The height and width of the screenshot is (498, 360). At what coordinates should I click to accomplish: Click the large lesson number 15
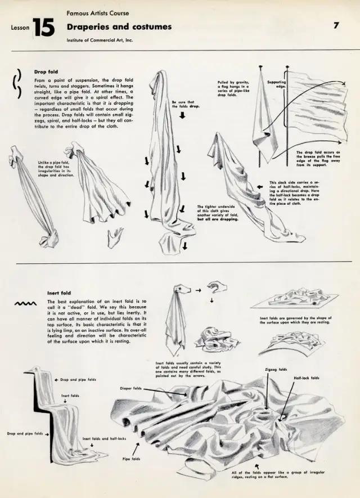tap(43, 27)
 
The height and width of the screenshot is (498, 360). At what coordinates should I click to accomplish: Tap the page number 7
tap(336, 25)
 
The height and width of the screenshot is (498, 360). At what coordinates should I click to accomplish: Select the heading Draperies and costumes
tap(119, 26)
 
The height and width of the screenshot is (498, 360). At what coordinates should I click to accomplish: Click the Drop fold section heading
tap(46, 72)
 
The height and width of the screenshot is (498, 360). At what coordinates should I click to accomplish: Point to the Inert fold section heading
tap(58, 293)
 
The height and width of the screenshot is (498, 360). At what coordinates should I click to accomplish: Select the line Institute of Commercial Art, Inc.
tap(100, 41)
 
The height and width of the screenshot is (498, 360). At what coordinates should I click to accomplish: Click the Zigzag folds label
tap(276, 370)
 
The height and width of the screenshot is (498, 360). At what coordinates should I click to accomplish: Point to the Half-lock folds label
tap(307, 378)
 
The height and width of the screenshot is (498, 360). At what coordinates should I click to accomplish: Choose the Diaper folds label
tap(130, 388)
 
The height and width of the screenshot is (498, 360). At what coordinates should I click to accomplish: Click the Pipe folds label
tap(130, 459)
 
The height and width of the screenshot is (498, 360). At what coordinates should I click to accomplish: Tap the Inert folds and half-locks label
tap(104, 438)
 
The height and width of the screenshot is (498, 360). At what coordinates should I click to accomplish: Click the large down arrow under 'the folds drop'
tap(182, 116)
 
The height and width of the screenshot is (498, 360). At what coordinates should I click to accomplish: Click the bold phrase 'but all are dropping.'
tap(218, 219)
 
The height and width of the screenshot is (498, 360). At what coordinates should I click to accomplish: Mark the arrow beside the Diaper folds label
tap(166, 393)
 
